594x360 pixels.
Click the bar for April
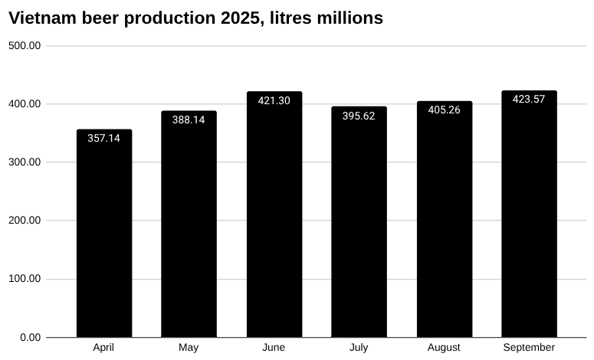pos(104,234)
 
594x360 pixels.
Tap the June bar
pos(274,214)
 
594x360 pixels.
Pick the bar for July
pos(359,222)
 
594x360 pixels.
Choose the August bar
pos(444,219)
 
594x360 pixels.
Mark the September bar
pos(529,214)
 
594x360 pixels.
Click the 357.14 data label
pos(104,139)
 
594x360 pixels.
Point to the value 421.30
pos(274,101)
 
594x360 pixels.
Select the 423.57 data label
pos(529,99)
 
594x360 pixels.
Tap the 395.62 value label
pos(359,116)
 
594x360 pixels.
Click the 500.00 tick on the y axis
pos(25,46)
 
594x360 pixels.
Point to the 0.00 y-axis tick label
pos(30,337)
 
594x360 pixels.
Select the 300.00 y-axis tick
pos(25,162)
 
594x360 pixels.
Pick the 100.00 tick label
pos(25,279)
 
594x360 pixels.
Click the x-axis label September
pos(529,348)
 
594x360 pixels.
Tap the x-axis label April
pos(104,348)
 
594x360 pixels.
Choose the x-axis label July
pos(359,348)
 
